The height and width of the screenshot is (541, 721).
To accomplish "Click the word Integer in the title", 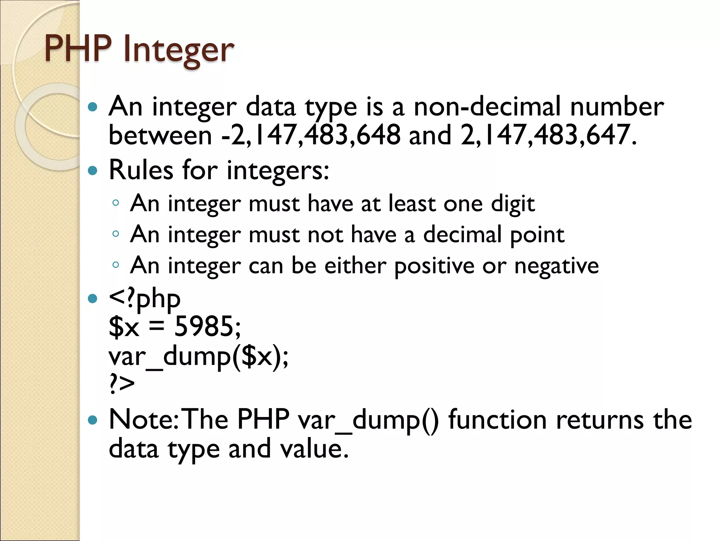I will [x=178, y=49].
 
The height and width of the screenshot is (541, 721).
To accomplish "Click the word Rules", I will [x=141, y=170].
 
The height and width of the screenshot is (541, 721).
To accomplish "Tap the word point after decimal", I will [x=537, y=235].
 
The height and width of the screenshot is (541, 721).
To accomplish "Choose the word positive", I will [x=434, y=266].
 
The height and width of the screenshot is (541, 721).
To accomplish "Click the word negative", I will [x=556, y=266].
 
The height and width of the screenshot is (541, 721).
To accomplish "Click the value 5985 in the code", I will [x=203, y=327].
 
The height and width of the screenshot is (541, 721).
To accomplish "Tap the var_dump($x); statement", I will [x=198, y=357].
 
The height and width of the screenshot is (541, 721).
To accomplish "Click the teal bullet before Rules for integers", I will [x=93, y=171].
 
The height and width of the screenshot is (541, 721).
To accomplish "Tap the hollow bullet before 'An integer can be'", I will [x=115, y=265].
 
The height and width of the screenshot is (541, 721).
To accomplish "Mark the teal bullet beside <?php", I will [x=93, y=299].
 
